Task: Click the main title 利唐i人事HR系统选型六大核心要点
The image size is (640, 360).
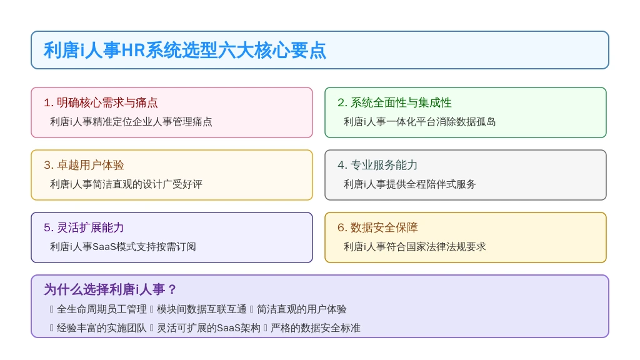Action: click(x=185, y=51)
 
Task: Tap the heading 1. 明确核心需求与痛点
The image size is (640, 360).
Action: click(x=101, y=102)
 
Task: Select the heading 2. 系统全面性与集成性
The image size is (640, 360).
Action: click(x=394, y=102)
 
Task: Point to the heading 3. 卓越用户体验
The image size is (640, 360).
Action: click(x=84, y=165)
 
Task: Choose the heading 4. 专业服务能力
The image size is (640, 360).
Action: click(x=377, y=165)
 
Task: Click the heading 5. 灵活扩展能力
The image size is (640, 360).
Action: click(x=84, y=227)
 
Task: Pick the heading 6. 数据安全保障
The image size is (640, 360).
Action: click(x=377, y=227)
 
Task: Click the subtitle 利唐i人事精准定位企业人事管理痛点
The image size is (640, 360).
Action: click(x=131, y=122)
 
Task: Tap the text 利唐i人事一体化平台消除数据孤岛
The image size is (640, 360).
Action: click(x=419, y=122)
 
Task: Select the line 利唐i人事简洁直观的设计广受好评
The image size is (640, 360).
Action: click(x=126, y=184)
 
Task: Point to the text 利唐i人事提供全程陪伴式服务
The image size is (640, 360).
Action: click(x=410, y=184)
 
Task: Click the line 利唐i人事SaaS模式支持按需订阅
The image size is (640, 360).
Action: click(x=123, y=246)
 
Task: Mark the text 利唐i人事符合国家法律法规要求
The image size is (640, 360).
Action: click(x=415, y=246)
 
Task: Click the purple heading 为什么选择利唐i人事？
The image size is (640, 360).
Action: click(x=110, y=289)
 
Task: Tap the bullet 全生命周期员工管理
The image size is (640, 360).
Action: click(x=102, y=309)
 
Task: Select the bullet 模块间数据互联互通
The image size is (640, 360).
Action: click(x=202, y=309)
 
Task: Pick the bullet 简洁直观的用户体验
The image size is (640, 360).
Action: click(x=302, y=309)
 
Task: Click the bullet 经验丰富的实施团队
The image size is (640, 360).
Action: click(x=102, y=327)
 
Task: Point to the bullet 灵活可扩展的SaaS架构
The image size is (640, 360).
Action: click(x=209, y=327)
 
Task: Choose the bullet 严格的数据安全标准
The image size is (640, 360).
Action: click(x=316, y=327)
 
